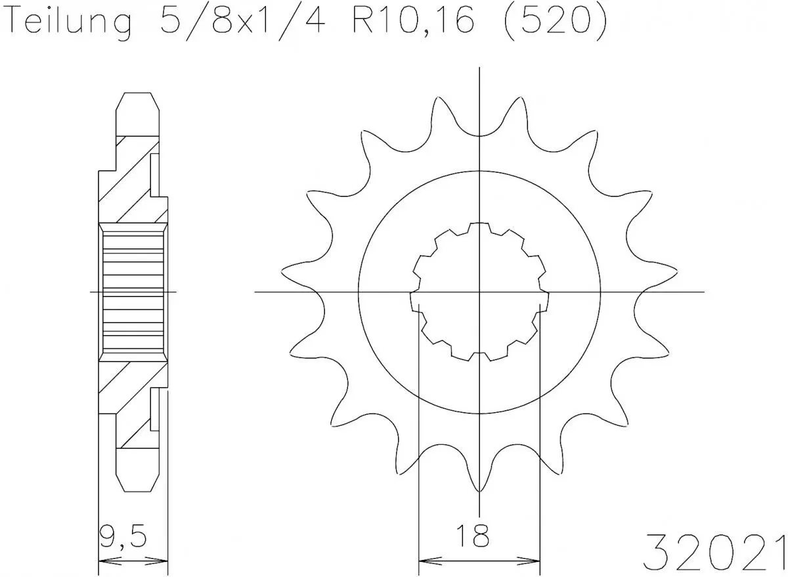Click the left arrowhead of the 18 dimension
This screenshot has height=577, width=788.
424,562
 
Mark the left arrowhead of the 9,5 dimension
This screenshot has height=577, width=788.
104,562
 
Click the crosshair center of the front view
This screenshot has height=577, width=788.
479,291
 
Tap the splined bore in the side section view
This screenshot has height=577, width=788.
132,291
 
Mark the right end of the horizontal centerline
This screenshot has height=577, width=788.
703,291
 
